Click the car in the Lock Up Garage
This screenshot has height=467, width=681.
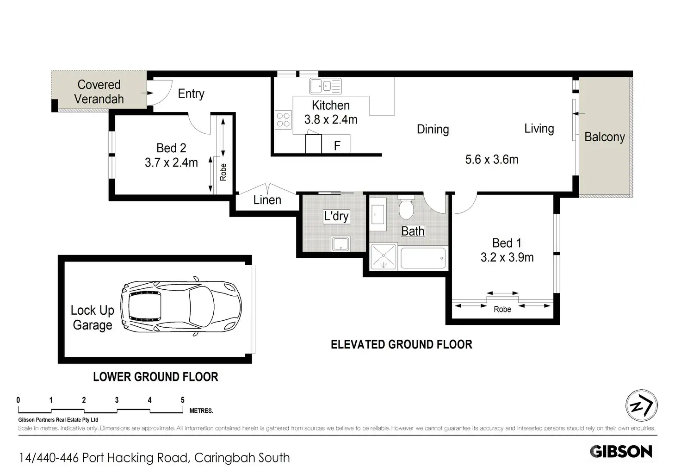pyautogui.click(x=181, y=306)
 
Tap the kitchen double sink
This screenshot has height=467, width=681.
pyautogui.click(x=325, y=86)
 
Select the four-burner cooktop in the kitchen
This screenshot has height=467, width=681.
pyautogui.click(x=283, y=119)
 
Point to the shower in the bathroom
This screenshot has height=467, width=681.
pyautogui.click(x=384, y=256)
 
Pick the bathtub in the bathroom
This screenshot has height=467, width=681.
pyautogui.click(x=423, y=258)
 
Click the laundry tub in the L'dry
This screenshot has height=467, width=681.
pyautogui.click(x=340, y=244)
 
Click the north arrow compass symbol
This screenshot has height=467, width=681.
pyautogui.click(x=642, y=405)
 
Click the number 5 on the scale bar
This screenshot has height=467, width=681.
pyautogui.click(x=182, y=400)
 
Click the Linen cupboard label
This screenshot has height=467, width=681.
pyautogui.click(x=267, y=200)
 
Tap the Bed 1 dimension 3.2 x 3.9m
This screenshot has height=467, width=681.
pyautogui.click(x=507, y=257)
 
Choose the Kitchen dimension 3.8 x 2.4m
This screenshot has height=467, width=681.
pyautogui.click(x=331, y=119)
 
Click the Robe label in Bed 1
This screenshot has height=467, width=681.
pyautogui.click(x=502, y=310)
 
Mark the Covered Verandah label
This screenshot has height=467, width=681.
pyautogui.click(x=99, y=92)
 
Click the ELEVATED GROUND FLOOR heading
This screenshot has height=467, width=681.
pyautogui.click(x=401, y=344)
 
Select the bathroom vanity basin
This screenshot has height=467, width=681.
pyautogui.click(x=378, y=214)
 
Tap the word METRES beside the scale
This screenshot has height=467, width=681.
pyautogui.click(x=201, y=411)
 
